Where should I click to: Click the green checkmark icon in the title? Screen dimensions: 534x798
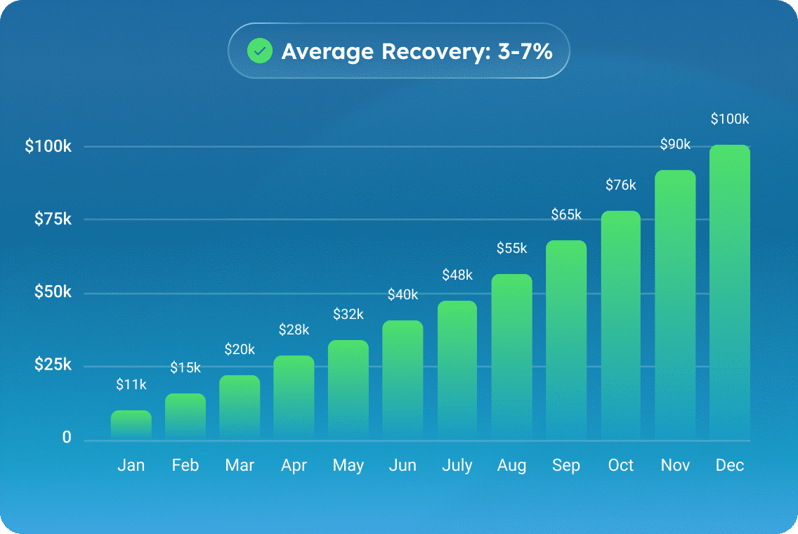[x=260, y=51]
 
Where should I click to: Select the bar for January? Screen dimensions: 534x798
[x=131, y=425]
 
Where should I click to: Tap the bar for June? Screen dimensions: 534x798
[x=403, y=380]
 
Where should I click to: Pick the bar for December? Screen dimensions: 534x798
[x=730, y=292]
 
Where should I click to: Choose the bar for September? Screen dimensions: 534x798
[x=566, y=340]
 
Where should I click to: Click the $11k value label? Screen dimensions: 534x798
[x=131, y=384]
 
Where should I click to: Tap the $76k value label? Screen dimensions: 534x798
[x=621, y=185]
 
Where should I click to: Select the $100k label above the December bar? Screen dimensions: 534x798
[x=730, y=119]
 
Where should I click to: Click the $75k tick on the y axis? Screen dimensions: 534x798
[x=53, y=219]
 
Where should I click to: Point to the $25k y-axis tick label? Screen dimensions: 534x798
[x=53, y=365]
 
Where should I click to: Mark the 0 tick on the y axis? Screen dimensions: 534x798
[x=67, y=438]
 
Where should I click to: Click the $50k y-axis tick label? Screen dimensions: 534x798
[x=53, y=292]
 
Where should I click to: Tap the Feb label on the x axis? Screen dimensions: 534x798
[x=185, y=465]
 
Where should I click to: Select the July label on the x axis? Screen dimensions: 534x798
[x=457, y=465]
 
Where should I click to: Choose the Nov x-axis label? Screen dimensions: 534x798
[x=676, y=465]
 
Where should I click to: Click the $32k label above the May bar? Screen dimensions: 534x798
[x=348, y=314]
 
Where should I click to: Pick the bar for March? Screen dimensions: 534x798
[x=240, y=408]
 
